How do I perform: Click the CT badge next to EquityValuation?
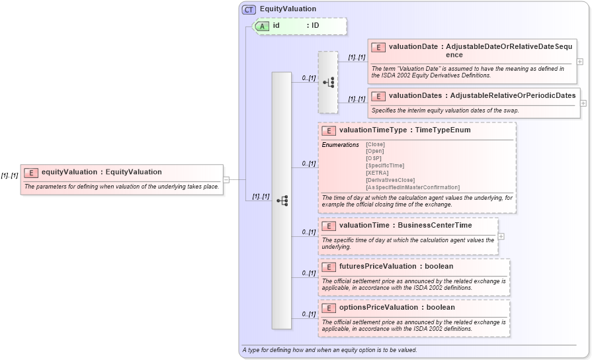coord(249,9)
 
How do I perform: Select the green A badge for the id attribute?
coord(262,26)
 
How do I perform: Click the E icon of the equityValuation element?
coord(30,172)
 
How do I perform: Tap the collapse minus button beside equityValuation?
coord(226,179)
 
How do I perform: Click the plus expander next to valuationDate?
coord(580,62)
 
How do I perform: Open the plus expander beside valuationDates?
coord(583,103)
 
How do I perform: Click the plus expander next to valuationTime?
coord(501,236)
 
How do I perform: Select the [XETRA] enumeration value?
coord(376,172)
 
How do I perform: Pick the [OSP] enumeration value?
coord(374,158)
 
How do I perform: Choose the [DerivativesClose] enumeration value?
coord(390,180)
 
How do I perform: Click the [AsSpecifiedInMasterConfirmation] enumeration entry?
coord(412,187)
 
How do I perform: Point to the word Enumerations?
coord(341,144)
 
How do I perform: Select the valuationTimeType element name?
coord(372,130)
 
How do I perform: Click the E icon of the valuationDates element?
coord(378,96)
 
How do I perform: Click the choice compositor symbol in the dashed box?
coord(328,82)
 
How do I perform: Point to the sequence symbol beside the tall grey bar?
coord(282,200)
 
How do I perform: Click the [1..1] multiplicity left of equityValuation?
coord(9,175)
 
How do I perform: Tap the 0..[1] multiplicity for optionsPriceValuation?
coord(308,314)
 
